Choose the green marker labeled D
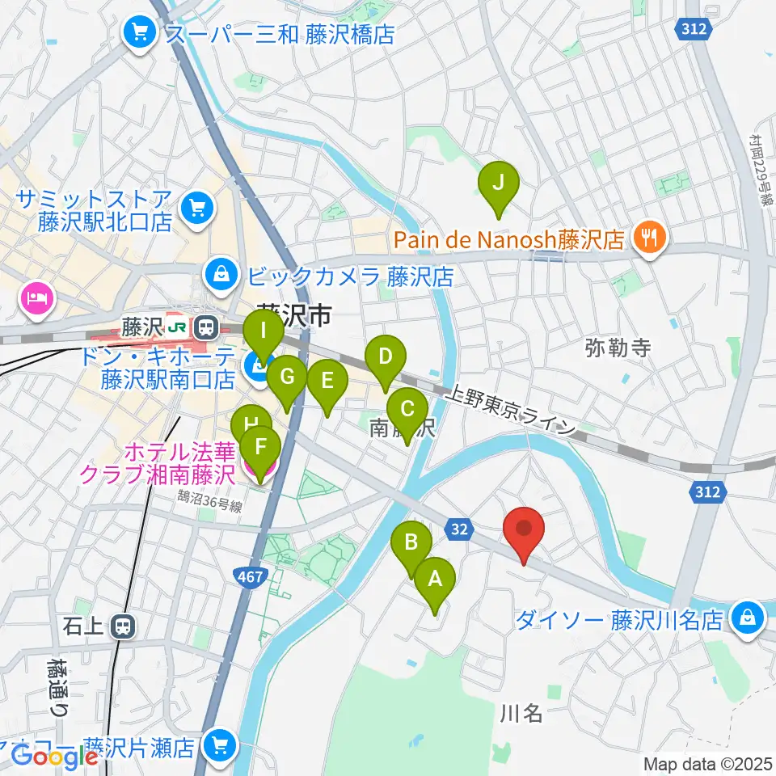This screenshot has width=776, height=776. point(386,357)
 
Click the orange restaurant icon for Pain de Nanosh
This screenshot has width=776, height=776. point(649,238)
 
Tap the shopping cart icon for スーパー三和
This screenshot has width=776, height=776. point(141,33)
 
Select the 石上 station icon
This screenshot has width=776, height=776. point(124,626)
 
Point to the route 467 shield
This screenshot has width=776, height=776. point(247,576)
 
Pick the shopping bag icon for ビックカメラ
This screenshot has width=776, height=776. point(220,276)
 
